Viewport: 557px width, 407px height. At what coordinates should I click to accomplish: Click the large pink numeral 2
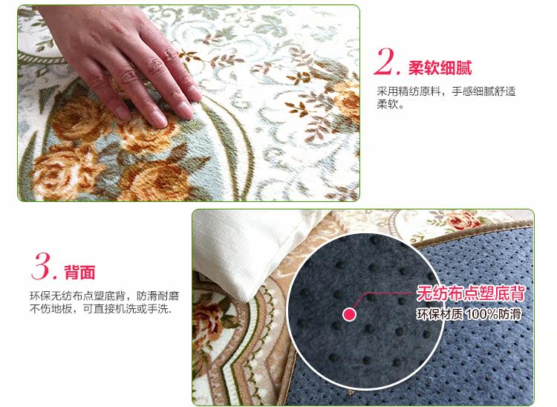(385, 62)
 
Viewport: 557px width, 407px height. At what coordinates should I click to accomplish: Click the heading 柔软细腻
(440, 68)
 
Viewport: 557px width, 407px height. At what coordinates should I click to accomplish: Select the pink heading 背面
(79, 273)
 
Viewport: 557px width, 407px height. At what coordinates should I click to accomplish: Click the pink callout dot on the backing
(350, 314)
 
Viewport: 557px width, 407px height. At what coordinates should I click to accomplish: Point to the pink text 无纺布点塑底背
(471, 293)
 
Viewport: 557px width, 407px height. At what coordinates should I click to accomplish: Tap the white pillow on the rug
(249, 249)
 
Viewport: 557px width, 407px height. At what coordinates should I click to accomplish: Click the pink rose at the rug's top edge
(463, 220)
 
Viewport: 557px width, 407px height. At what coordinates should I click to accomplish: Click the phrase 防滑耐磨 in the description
(157, 296)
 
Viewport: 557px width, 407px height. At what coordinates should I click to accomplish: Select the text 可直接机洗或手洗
(127, 309)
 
